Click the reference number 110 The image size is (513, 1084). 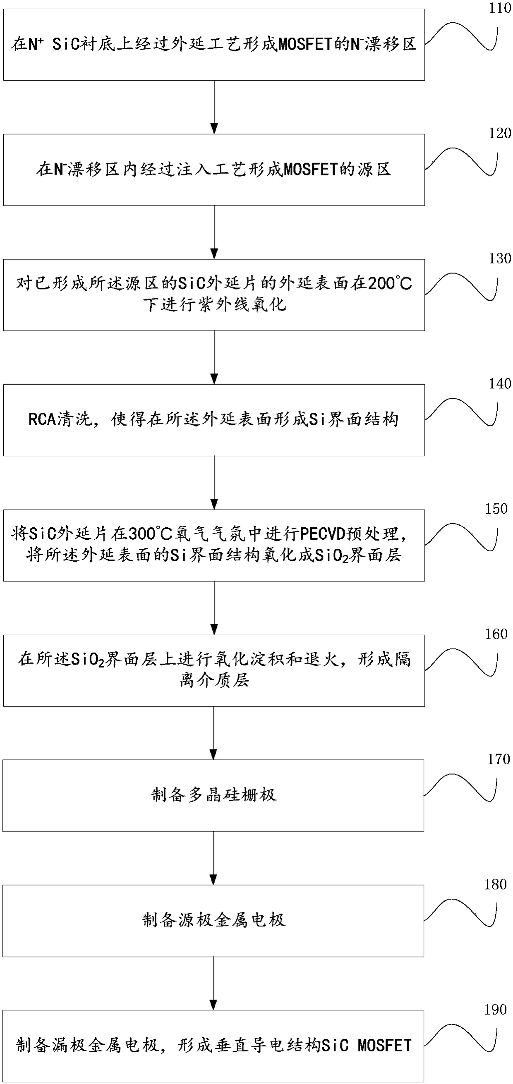pyautogui.click(x=499, y=8)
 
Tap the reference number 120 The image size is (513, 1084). pyautogui.click(x=499, y=134)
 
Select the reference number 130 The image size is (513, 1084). pyautogui.click(x=499, y=258)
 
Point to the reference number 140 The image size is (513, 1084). pyautogui.click(x=499, y=384)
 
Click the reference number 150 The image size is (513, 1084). pyautogui.click(x=496, y=509)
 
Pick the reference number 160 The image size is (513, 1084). pyautogui.click(x=496, y=634)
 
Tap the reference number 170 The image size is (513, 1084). pyautogui.click(x=498, y=759)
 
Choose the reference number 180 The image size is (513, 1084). pyautogui.click(x=495, y=885)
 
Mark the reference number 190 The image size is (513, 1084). pyautogui.click(x=495, y=1010)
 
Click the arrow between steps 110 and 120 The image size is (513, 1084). pyautogui.click(x=214, y=107)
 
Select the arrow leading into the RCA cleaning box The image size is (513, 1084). pyautogui.click(x=214, y=357)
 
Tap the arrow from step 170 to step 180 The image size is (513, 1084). pyautogui.click(x=213, y=858)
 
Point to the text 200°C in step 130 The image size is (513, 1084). pyautogui.click(x=390, y=284)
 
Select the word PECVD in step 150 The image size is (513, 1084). pyautogui.click(x=322, y=534)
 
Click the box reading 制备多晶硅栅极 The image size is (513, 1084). pyautogui.click(x=213, y=795)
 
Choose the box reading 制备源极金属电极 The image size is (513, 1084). pyautogui.click(x=213, y=921)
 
